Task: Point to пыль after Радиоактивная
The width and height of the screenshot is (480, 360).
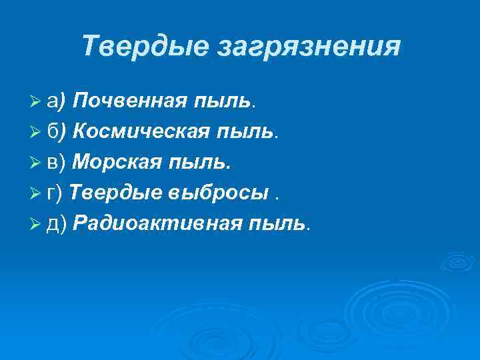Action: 277,224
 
